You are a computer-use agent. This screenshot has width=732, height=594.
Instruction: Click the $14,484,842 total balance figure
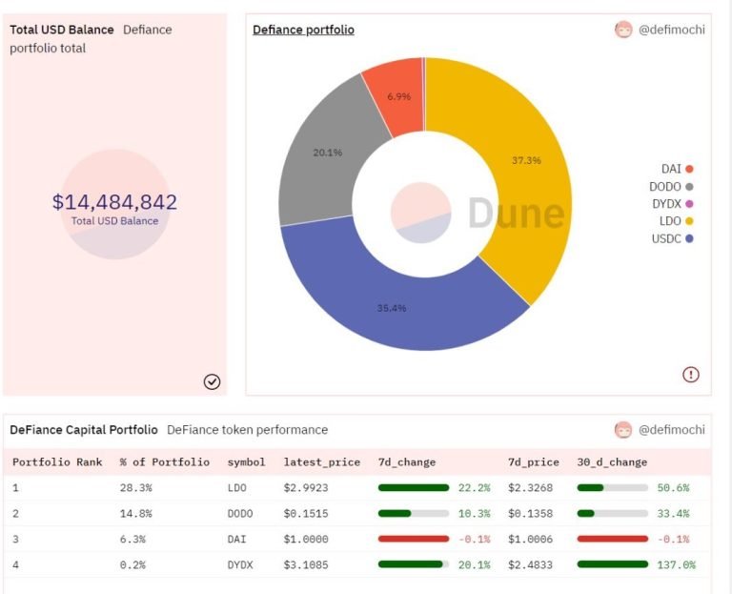pyautogui.click(x=114, y=202)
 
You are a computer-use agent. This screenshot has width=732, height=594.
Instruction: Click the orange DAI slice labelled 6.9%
pyautogui.click(x=396, y=97)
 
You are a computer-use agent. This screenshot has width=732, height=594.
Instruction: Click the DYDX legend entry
pyautogui.click(x=672, y=204)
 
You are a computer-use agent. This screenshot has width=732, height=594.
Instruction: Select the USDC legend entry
pyautogui.click(x=672, y=238)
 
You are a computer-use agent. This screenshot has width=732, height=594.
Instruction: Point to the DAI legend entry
pyautogui.click(x=677, y=169)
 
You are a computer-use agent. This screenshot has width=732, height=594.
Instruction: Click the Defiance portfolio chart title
pyautogui.click(x=303, y=30)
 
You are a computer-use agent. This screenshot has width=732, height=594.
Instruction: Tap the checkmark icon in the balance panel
pyautogui.click(x=212, y=381)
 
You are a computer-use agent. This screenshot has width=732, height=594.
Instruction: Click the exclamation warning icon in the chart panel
pyautogui.click(x=691, y=374)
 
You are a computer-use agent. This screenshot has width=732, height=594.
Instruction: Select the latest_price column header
pyautogui.click(x=321, y=462)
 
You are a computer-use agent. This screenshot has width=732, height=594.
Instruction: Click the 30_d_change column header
pyautogui.click(x=612, y=462)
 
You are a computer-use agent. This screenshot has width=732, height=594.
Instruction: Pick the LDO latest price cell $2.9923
pyautogui.click(x=306, y=488)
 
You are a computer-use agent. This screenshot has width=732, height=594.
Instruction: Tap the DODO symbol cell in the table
pyautogui.click(x=240, y=514)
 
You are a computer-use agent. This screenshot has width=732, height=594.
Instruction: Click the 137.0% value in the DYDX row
pyautogui.click(x=676, y=565)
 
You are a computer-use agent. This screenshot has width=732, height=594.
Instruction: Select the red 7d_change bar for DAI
pyautogui.click(x=414, y=539)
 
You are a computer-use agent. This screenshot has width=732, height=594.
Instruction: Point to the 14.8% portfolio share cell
pyautogui.click(x=136, y=514)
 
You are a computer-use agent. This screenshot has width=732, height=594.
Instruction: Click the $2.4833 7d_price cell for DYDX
pyautogui.click(x=530, y=565)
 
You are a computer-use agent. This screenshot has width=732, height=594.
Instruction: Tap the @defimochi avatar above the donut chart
pyautogui.click(x=623, y=30)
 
